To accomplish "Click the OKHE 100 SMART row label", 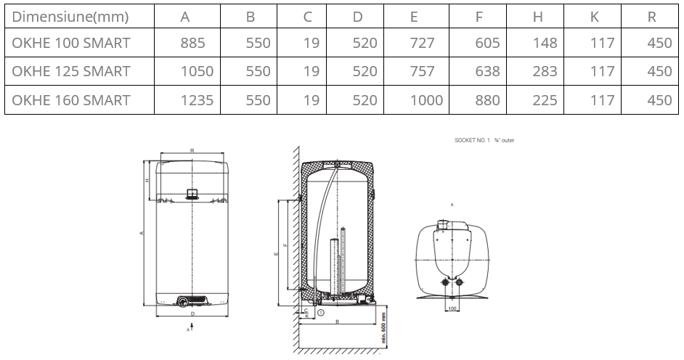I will [71, 43].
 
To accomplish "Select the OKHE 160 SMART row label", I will [71, 99].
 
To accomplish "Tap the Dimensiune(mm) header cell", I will [71, 16].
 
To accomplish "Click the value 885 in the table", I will [192, 43].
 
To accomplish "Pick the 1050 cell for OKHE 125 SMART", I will [197, 71].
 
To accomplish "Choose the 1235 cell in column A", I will [197, 99].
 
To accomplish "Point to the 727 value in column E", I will [423, 43].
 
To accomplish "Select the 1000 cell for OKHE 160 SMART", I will [426, 99].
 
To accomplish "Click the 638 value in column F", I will [486, 71].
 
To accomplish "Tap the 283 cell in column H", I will [545, 71].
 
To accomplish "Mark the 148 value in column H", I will [545, 43].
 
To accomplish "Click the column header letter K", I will [594, 16].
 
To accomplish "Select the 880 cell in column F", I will [486, 99].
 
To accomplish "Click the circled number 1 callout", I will [320, 312].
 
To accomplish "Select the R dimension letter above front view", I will [192, 150].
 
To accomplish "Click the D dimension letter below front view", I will [192, 314].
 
